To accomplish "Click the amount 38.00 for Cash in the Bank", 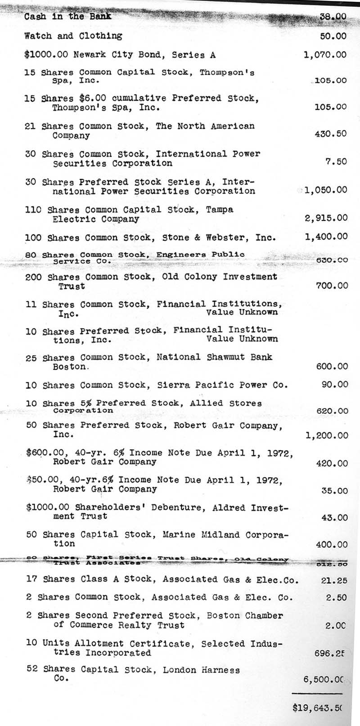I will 333,17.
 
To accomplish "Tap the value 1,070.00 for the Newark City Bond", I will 325,55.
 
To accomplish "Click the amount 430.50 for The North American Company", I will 331,134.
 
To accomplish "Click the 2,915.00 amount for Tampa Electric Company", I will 326,218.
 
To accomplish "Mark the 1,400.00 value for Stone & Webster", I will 326,237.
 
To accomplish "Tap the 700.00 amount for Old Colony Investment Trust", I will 331,286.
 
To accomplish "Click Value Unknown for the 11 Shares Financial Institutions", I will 242,312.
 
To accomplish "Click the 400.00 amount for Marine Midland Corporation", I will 331,544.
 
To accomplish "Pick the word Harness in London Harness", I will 220,670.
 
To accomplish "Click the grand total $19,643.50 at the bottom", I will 317,708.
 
